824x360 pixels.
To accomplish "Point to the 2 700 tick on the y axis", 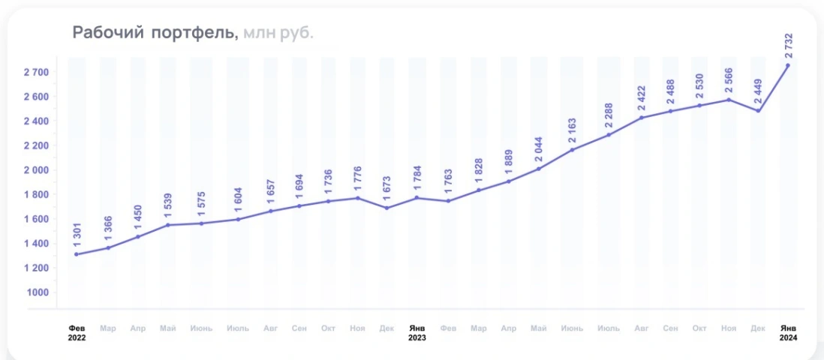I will [36, 72].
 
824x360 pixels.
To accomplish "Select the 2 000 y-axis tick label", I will [36, 170].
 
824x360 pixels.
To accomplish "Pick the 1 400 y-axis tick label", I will [36, 244].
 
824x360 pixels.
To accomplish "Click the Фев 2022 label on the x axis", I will [77, 333].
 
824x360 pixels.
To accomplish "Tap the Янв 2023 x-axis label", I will [418, 333].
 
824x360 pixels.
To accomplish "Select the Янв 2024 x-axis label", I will [787, 333].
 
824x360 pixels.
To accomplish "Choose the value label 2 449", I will [759, 91].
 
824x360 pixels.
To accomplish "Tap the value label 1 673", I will [387, 186].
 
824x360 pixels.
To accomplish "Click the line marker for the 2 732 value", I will [787, 65].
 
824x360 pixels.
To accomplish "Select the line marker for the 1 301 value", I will [77, 254].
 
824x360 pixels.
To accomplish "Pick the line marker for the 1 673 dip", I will [386, 208].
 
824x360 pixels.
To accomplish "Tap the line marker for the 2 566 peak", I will [729, 100].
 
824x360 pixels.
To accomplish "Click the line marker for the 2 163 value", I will [572, 150].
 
